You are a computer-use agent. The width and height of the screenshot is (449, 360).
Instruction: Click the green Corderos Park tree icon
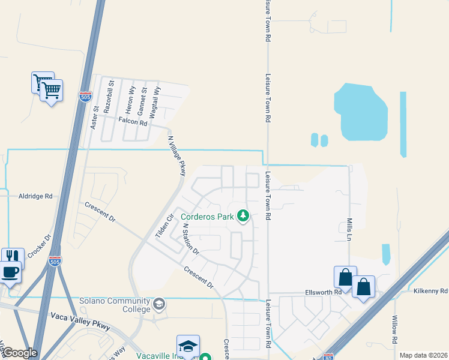click(243, 215)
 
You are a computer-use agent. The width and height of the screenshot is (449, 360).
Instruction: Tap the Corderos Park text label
click(206, 216)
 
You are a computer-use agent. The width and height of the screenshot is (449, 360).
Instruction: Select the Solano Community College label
click(115, 305)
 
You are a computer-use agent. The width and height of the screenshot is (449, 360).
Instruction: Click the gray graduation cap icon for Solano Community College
click(159, 304)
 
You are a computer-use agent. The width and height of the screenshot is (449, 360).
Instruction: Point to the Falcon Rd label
click(133, 121)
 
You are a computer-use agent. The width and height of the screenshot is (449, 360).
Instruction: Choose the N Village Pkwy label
click(177, 155)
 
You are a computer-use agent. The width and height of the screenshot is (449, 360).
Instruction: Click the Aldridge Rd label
click(36, 196)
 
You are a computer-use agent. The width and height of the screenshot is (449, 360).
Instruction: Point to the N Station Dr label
click(191, 238)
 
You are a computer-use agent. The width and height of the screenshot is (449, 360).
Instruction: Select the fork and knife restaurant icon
click(13, 257)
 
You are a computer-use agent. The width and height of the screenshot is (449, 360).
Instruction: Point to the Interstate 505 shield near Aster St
click(85, 95)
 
